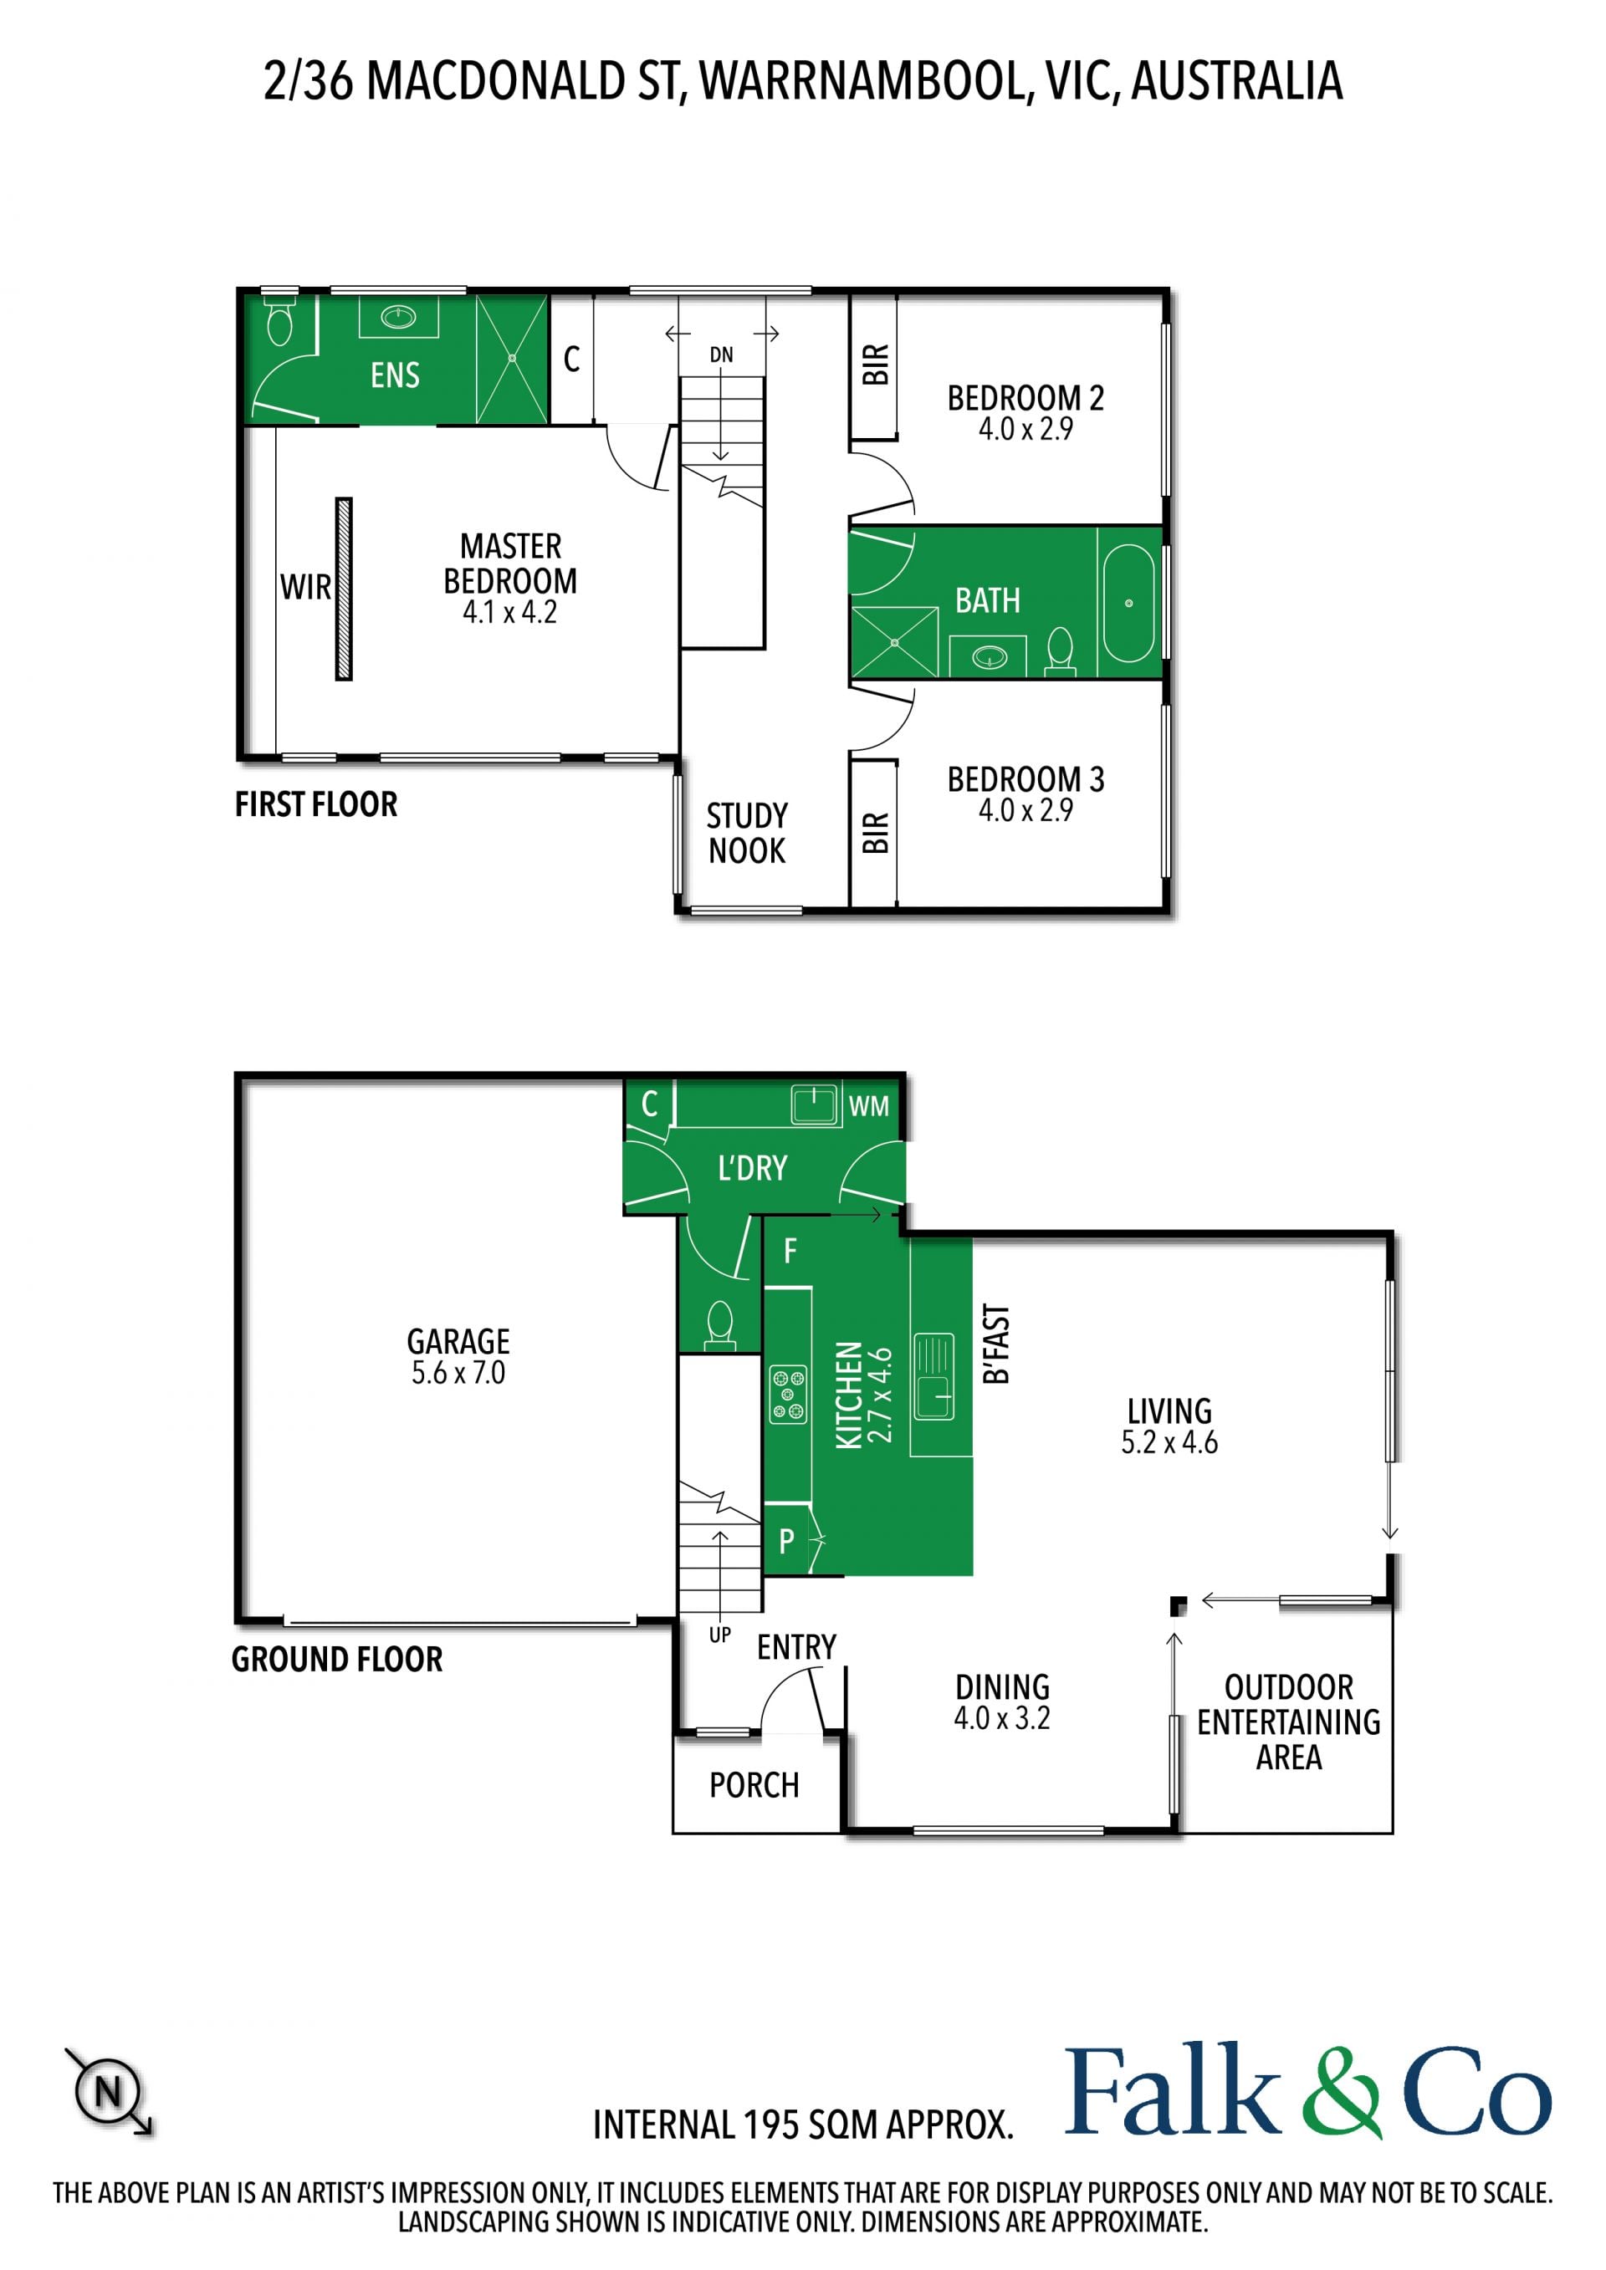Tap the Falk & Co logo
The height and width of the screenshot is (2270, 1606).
[1307, 2090]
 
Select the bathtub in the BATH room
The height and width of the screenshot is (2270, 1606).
[1128, 602]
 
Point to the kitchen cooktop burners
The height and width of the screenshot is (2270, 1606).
[788, 1394]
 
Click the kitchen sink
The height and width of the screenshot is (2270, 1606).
[933, 1376]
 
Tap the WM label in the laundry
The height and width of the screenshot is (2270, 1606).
[868, 1106]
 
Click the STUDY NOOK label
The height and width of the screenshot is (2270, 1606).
[747, 833]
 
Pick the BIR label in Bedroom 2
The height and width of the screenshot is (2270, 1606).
[875, 365]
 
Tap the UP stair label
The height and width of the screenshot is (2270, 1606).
[720, 1635]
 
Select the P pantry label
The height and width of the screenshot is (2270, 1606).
[787, 1540]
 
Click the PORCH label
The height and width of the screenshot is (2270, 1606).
[754, 1784]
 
